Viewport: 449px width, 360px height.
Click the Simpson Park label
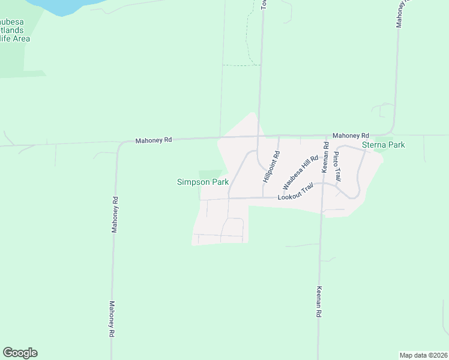[202, 182]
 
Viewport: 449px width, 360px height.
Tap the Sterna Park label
[384, 145]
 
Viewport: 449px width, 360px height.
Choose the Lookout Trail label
[295, 197]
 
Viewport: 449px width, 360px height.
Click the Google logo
[20, 353]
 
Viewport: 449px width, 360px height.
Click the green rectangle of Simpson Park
[209, 173]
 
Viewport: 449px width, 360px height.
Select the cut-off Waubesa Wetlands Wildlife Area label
[14, 30]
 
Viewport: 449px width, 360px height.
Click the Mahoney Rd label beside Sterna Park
[351, 136]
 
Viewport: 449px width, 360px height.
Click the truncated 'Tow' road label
[264, 4]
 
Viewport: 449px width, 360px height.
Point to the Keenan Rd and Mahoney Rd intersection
[325, 136]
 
